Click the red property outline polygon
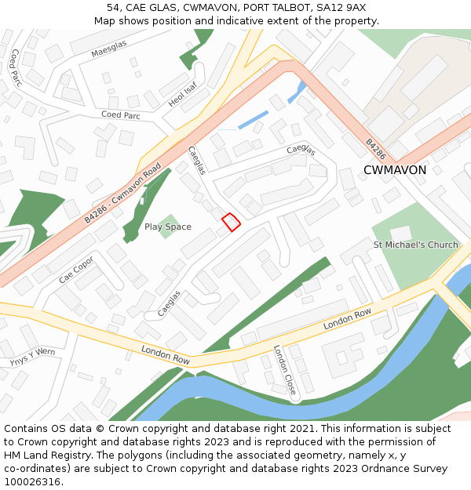click(231, 222)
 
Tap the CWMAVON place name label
click(395, 170)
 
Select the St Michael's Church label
click(415, 245)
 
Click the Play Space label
click(167, 227)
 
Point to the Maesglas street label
click(108, 49)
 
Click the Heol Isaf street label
click(182, 94)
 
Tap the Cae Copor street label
click(76, 270)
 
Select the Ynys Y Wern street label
click(32, 358)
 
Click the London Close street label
click(284, 370)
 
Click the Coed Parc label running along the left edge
click(15, 67)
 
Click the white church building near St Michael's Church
click(401, 234)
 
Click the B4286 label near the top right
click(376, 150)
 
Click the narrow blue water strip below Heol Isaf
click(253, 121)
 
